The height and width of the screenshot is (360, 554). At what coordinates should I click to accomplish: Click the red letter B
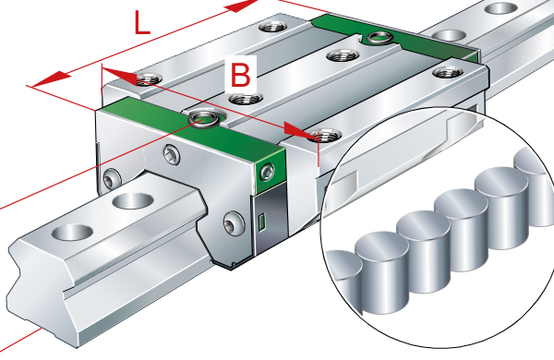pyautogui.click(x=240, y=75)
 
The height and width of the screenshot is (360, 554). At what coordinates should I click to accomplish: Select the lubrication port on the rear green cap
pyautogui.click(x=379, y=37)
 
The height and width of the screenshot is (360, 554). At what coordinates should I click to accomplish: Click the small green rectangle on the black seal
pyautogui.click(x=262, y=222)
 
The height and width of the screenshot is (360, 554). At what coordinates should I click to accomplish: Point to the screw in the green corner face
pyautogui.click(x=267, y=173)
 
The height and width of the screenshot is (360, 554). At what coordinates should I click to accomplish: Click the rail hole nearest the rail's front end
pyautogui.click(x=72, y=233)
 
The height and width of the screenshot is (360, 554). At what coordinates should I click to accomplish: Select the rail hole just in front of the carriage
pyautogui.click(x=133, y=200)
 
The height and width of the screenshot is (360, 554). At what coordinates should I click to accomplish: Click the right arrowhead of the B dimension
pyautogui.click(x=299, y=130)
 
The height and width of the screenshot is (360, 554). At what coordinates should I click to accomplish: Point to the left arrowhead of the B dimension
pyautogui.click(x=119, y=77)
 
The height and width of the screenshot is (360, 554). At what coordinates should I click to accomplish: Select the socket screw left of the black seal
pyautogui.click(x=234, y=223)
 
